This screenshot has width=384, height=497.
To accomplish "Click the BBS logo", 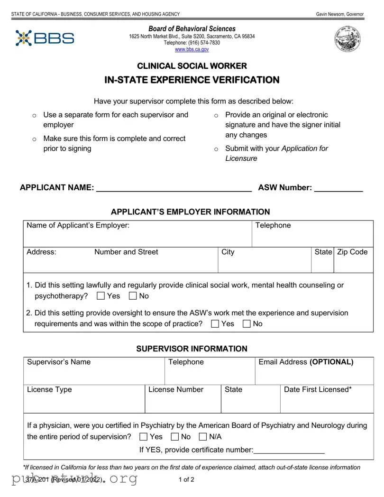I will point(45,38).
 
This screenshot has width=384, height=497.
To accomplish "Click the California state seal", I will point(347,39).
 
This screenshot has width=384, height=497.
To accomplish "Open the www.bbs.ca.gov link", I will point(192,49).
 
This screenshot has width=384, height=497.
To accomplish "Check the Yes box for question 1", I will point(101,296).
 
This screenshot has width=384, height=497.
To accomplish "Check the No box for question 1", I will point(133,296).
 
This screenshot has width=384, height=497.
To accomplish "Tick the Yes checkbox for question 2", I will point(215,324).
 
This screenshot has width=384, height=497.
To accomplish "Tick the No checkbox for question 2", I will point(247,324).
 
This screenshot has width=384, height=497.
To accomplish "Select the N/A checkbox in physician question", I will point(203,437).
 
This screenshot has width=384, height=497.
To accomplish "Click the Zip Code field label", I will point(352,252).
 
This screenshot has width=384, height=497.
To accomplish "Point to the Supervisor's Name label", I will point(59,362).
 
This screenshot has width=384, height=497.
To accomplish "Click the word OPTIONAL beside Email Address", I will point(331,362).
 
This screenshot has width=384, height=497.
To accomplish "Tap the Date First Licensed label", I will point(318,390).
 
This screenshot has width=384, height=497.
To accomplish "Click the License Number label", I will point(176,390).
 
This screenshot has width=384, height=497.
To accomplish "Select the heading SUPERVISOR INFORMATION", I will point(192,349).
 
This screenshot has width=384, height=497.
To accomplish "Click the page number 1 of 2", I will point(186,479).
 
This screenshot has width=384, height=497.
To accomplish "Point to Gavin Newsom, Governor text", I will point(339,14).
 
